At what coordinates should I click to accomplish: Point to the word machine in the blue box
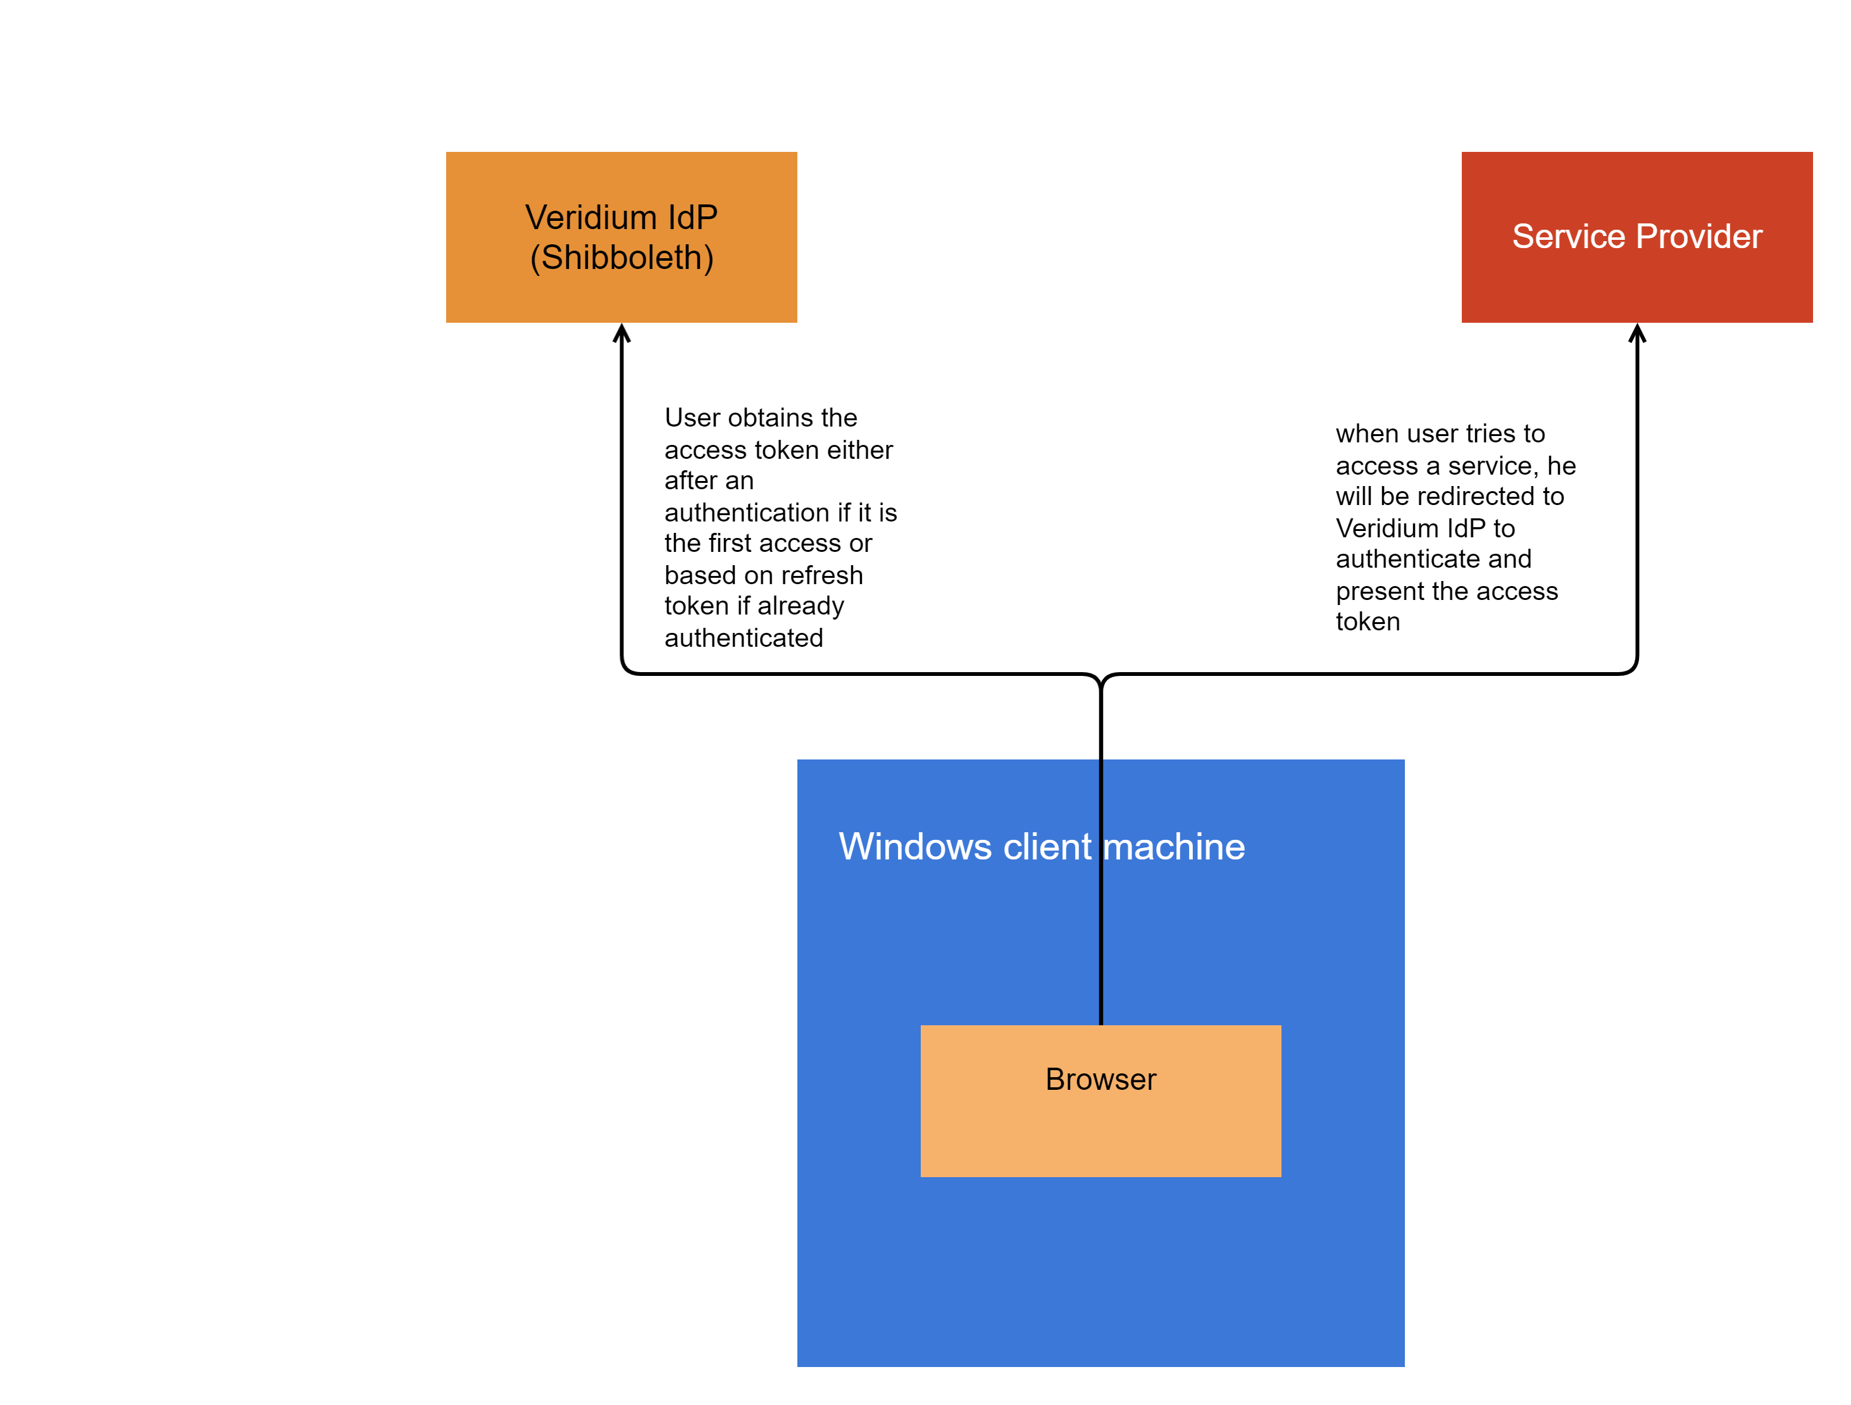[1174, 847]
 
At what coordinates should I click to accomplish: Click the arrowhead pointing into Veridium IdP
[621, 334]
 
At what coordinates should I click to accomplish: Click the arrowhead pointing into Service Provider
[1636, 334]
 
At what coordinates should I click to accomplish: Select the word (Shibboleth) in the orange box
[621, 258]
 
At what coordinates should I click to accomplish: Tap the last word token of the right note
[1368, 621]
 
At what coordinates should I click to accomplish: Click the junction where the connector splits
[1100, 682]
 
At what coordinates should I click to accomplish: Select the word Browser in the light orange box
[1100, 1080]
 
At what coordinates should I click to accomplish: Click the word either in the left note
[859, 450]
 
